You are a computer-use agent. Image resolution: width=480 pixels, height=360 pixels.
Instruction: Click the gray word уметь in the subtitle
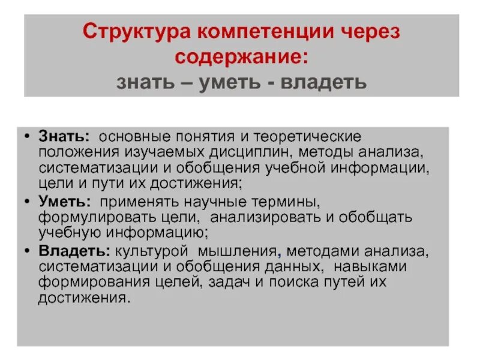tap(230, 82)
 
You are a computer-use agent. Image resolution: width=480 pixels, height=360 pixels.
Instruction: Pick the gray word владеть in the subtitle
tap(324, 82)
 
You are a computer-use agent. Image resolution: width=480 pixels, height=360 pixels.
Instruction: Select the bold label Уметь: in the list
tap(65, 201)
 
